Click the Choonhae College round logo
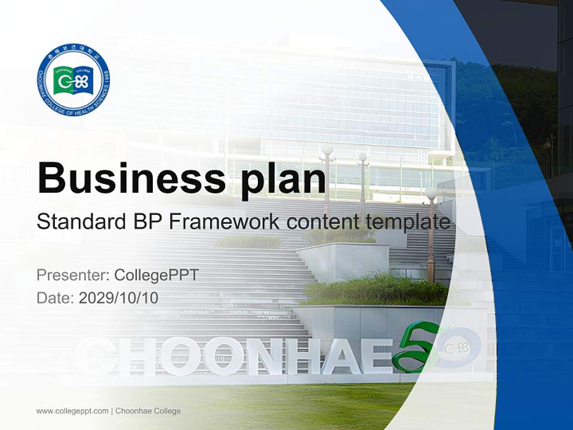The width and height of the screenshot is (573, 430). (73, 79)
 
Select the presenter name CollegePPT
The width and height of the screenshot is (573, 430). (156, 275)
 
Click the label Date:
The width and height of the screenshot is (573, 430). (56, 297)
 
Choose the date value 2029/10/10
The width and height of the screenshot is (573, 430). (119, 297)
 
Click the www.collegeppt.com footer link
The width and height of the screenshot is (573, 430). (72, 411)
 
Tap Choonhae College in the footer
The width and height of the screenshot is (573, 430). (147, 411)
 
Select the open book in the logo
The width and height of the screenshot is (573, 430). (73, 80)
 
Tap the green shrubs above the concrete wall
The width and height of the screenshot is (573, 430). (376, 290)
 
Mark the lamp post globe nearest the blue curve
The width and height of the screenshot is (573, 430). (431, 193)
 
